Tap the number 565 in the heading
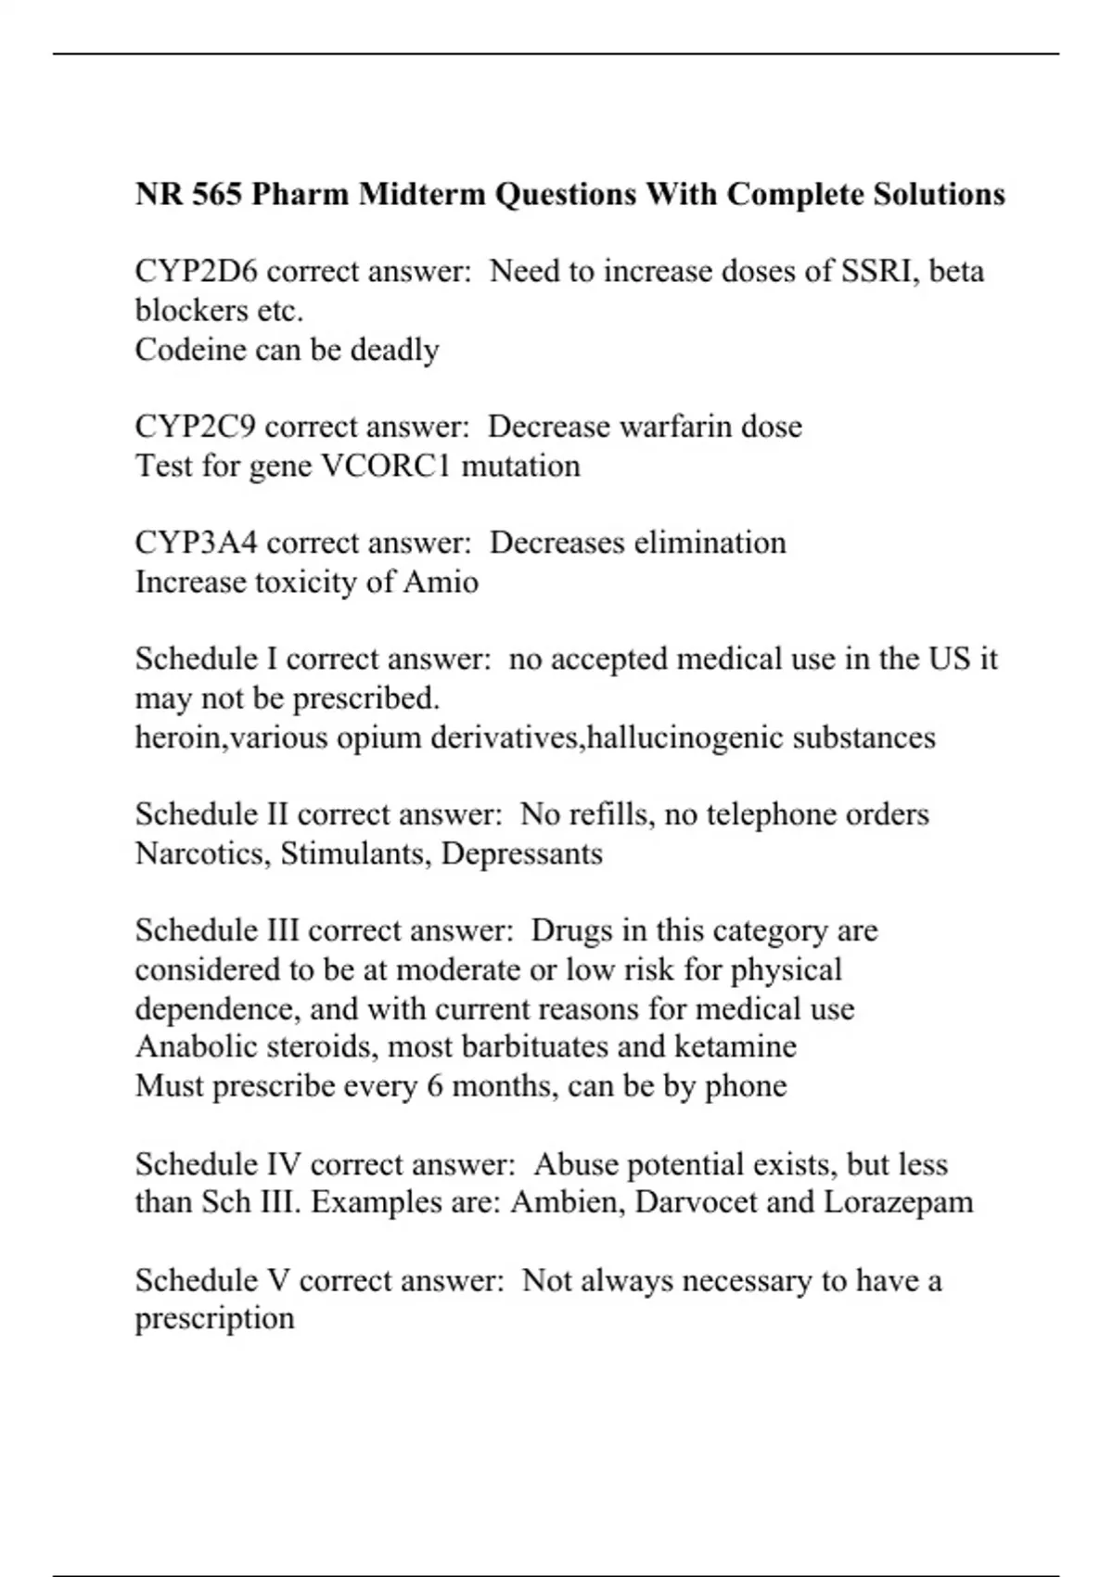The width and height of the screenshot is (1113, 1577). point(217,195)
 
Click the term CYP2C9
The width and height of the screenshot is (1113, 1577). point(196,427)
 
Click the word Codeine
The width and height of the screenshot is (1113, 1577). point(189,350)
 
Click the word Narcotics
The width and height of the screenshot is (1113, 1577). point(203,853)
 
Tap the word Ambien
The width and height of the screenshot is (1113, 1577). point(567,1202)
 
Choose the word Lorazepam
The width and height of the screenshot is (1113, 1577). point(898,1202)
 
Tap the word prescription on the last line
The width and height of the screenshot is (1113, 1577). point(214,1319)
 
